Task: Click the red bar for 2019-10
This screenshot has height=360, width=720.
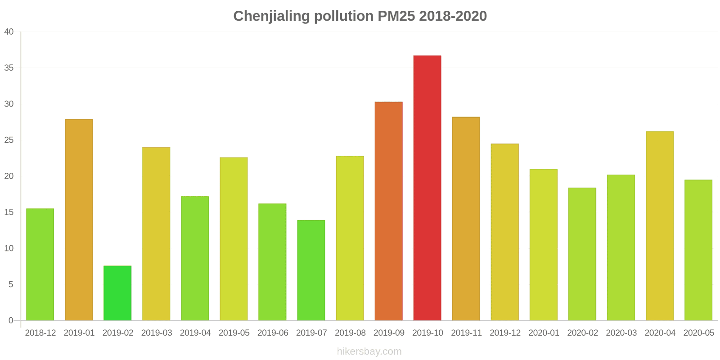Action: point(427,188)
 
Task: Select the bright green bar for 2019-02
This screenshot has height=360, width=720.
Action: point(117,293)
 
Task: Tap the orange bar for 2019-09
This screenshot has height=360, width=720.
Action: point(388,211)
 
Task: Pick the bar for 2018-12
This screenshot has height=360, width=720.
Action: point(40,265)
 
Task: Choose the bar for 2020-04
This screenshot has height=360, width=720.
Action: point(659,226)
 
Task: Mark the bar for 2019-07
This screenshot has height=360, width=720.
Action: point(311,270)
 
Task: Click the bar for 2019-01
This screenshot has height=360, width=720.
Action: point(79,220)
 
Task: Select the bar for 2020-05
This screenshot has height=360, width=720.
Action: point(698,250)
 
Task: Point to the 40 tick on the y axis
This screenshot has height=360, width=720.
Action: point(9,32)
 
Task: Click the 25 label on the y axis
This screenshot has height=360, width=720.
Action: point(9,140)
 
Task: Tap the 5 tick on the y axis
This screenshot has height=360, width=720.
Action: point(11,284)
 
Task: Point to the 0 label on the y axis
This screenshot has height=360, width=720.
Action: point(11,320)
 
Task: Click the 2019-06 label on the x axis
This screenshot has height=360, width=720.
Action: point(273,333)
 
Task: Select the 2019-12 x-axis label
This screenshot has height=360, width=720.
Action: point(505,333)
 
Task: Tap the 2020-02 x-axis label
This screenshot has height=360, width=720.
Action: point(582,333)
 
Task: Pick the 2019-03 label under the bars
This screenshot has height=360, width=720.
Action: point(157,333)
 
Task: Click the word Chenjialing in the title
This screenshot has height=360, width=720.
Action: point(272,16)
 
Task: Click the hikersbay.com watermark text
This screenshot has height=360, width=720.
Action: point(369,351)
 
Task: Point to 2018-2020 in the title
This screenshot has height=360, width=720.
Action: point(453,16)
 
